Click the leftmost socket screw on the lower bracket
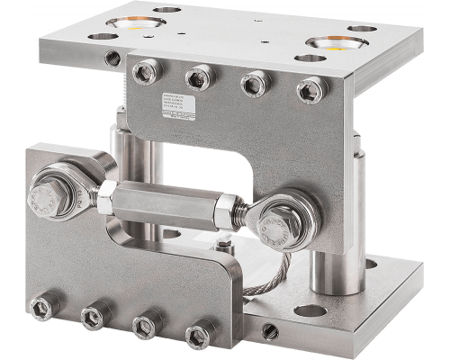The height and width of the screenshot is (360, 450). tap(40, 308)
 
